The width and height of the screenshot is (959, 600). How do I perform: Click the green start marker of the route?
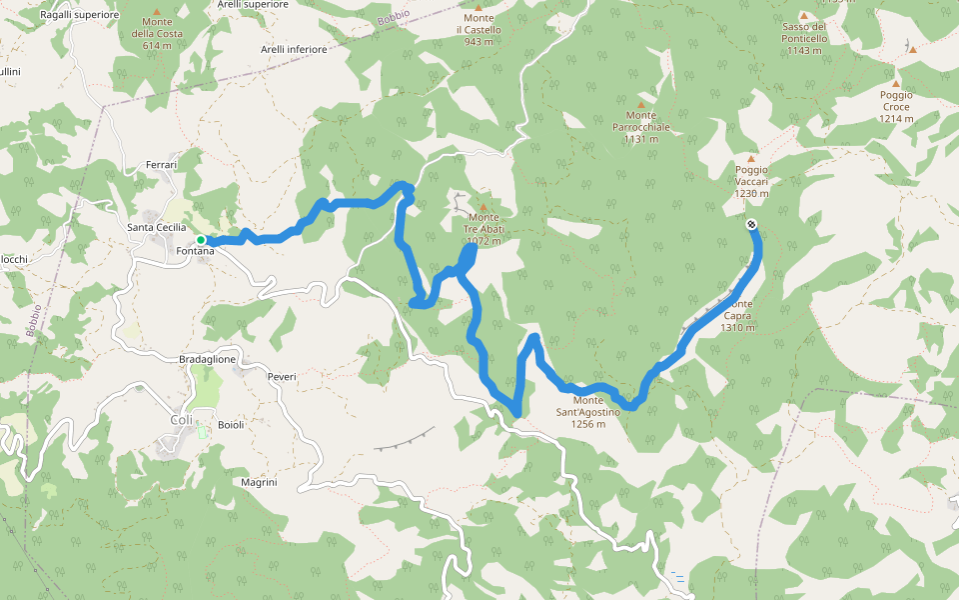201,240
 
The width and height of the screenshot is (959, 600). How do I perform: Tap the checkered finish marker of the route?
750,224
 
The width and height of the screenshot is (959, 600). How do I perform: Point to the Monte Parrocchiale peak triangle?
641,104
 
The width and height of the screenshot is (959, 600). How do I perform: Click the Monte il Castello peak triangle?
478,7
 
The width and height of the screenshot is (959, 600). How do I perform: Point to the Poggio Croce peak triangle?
896,84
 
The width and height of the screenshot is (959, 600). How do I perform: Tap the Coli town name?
181,420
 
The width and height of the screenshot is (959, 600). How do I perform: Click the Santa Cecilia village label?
157,227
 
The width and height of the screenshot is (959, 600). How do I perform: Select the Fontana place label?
195,251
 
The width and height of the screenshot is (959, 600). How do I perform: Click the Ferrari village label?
161,164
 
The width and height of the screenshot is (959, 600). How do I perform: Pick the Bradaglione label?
208,359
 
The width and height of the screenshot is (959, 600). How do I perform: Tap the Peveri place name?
282,376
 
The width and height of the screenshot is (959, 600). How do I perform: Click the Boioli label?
231,424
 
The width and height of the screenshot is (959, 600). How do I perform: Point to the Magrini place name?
259,482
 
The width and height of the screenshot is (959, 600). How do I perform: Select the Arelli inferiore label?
293,48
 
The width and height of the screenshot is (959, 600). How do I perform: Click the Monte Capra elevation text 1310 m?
738,327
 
